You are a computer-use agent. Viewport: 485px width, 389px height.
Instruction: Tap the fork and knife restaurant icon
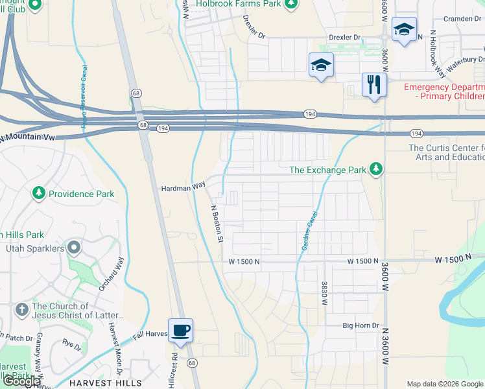point(374,84)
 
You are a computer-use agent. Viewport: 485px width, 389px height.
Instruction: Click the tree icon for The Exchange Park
point(375,170)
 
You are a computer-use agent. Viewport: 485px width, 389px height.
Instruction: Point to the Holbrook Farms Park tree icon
point(292,4)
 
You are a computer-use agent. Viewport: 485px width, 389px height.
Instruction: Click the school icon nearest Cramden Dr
point(404,29)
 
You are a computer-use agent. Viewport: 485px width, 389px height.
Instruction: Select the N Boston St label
point(217,224)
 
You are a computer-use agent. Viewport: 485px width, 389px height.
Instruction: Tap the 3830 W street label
point(324,293)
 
